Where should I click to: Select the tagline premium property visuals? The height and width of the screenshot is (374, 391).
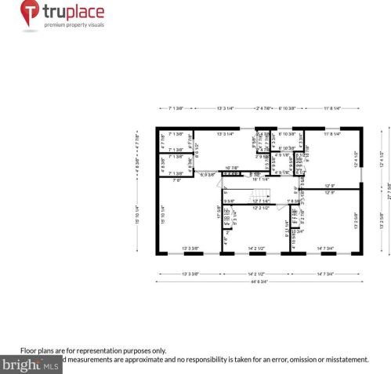click(74, 25)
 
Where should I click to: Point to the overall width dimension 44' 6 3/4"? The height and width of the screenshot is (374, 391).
click(258, 281)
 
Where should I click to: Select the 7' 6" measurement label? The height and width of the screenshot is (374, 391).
click(178, 180)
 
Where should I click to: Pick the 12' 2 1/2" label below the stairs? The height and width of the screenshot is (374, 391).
click(261, 208)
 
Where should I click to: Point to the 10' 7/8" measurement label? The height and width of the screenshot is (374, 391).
click(234, 168)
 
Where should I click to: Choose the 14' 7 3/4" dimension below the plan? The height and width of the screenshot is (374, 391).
click(325, 274)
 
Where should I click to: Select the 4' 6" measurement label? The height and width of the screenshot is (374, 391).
click(226, 241)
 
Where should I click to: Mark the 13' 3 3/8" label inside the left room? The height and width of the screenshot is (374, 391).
click(190, 249)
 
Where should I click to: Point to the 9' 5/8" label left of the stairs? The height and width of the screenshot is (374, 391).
click(229, 201)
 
